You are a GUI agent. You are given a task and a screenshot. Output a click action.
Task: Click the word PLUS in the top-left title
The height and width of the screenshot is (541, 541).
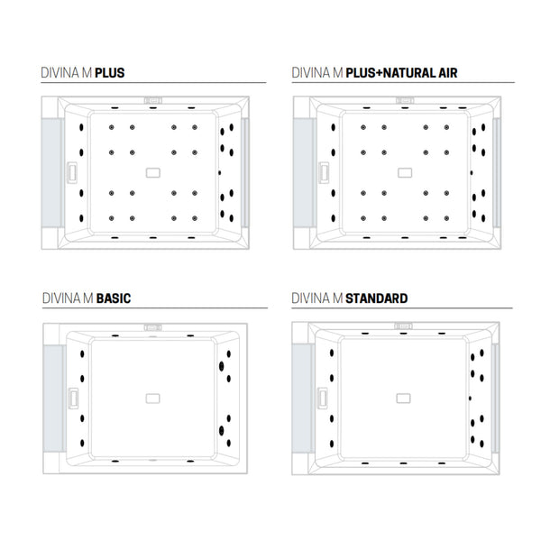(110, 73)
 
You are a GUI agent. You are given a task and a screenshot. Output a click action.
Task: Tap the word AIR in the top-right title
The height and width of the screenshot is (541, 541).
(448, 73)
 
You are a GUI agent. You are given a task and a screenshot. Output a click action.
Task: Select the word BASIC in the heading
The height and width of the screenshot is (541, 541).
(114, 298)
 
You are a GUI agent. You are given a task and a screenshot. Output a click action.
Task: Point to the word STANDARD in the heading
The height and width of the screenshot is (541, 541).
(376, 298)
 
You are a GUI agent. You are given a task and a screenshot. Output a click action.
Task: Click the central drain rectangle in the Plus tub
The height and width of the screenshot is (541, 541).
(153, 172)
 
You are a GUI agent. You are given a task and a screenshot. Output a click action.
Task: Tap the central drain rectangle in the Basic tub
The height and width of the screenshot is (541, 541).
(153, 399)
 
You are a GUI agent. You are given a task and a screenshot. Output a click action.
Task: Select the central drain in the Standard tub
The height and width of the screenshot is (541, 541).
(403, 399)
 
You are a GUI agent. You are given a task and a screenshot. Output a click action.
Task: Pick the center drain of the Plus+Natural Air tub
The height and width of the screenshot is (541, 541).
(405, 172)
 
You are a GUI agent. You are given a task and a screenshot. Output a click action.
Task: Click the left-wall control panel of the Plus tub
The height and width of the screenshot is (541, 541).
(72, 172)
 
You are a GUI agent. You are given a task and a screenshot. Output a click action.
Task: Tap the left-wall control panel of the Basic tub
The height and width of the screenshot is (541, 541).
(73, 399)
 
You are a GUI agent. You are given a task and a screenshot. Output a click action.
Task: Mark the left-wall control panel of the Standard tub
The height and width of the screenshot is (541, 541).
(323, 399)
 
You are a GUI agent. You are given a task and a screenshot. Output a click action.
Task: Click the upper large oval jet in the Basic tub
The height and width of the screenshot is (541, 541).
(222, 366)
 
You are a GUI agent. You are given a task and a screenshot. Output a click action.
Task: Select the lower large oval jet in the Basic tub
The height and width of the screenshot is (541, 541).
(222, 431)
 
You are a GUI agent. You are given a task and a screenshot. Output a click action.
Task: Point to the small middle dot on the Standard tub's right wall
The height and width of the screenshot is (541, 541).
(470, 399)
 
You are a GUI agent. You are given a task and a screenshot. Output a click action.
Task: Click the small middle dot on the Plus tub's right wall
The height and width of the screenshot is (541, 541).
(220, 172)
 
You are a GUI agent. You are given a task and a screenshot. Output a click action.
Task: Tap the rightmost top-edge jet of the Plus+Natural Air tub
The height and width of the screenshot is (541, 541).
(463, 108)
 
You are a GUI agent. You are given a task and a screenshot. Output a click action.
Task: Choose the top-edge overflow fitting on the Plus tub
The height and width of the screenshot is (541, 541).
(153, 100)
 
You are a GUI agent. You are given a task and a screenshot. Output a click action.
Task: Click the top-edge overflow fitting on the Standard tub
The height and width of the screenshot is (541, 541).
(403, 326)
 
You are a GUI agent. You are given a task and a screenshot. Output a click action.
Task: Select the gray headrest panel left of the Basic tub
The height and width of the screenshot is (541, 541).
(54, 399)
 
